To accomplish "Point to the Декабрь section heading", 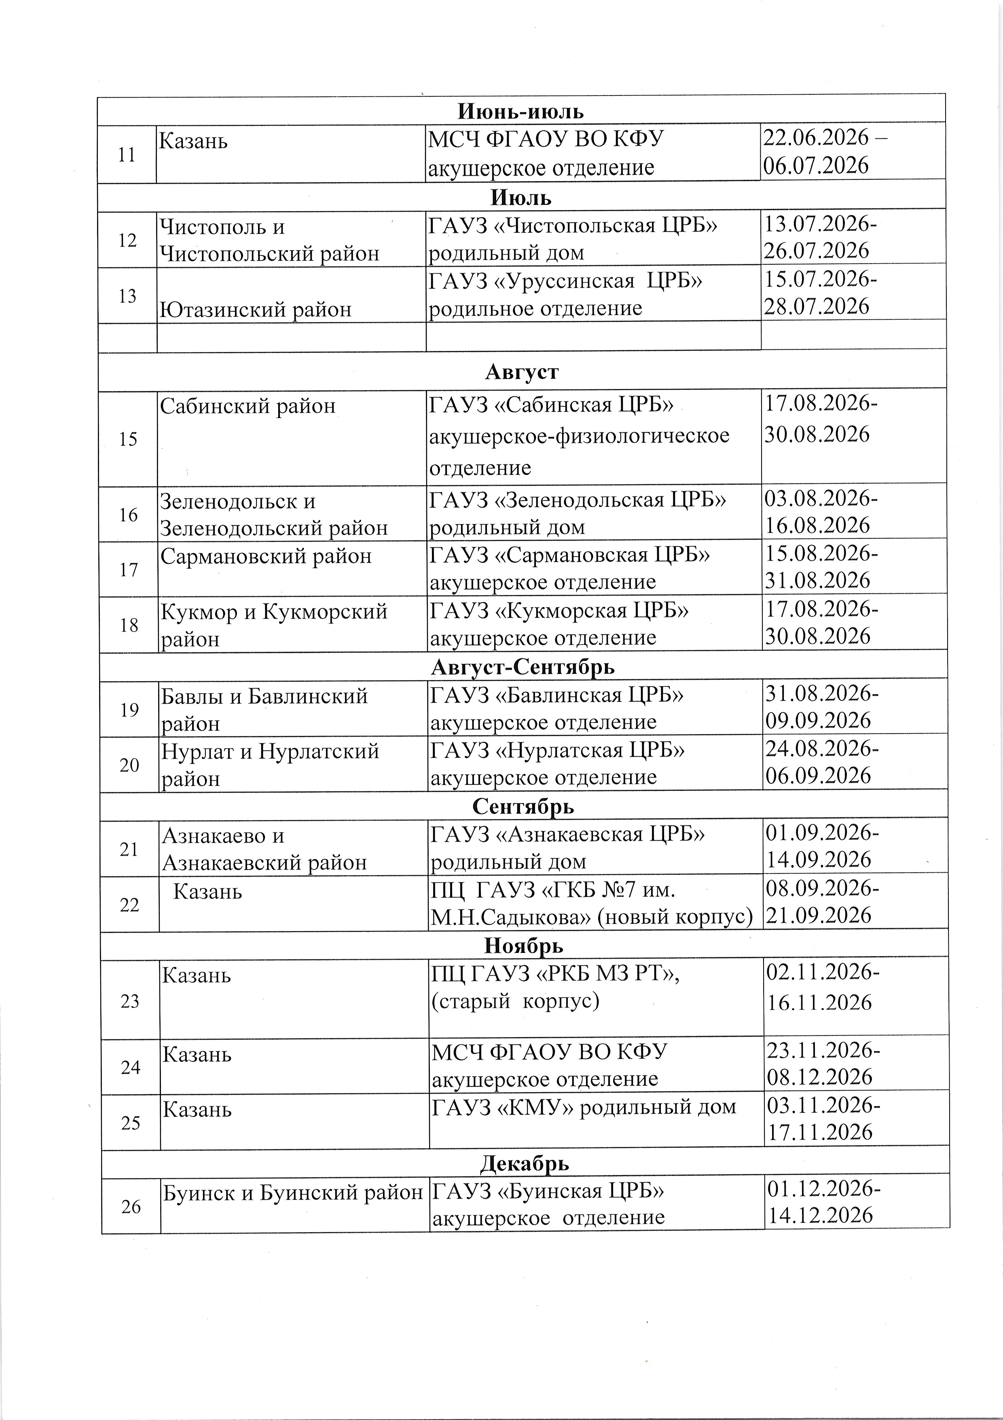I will pyautogui.click(x=524, y=1163).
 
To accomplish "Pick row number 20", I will pyautogui.click(x=129, y=765).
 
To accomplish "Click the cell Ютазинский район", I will pyautogui.click(x=255, y=308).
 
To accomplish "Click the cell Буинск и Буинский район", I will pyautogui.click(x=292, y=1193).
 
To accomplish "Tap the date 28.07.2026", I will pyautogui.click(x=817, y=306).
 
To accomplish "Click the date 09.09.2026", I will pyautogui.click(x=818, y=721).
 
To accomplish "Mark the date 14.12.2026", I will pyautogui.click(x=820, y=1215).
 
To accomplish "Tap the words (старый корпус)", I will pyautogui.click(x=515, y=1001).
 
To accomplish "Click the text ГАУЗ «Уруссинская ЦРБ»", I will pyautogui.click(x=565, y=281).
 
